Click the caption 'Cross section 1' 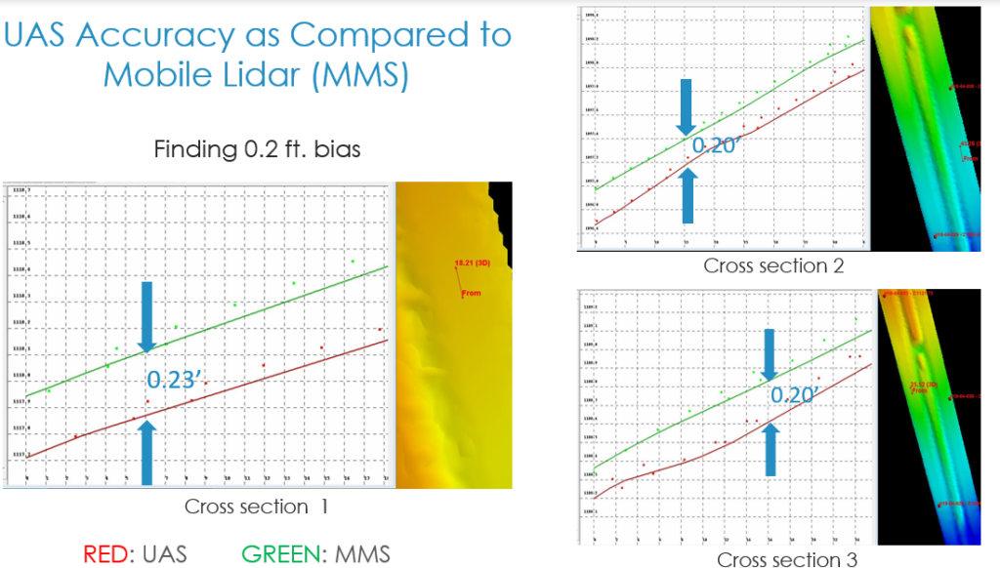[257, 507]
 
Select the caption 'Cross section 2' [772, 265]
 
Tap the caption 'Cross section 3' [787, 559]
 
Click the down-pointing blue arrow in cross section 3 [770, 354]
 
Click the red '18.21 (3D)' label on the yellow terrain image [470, 263]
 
